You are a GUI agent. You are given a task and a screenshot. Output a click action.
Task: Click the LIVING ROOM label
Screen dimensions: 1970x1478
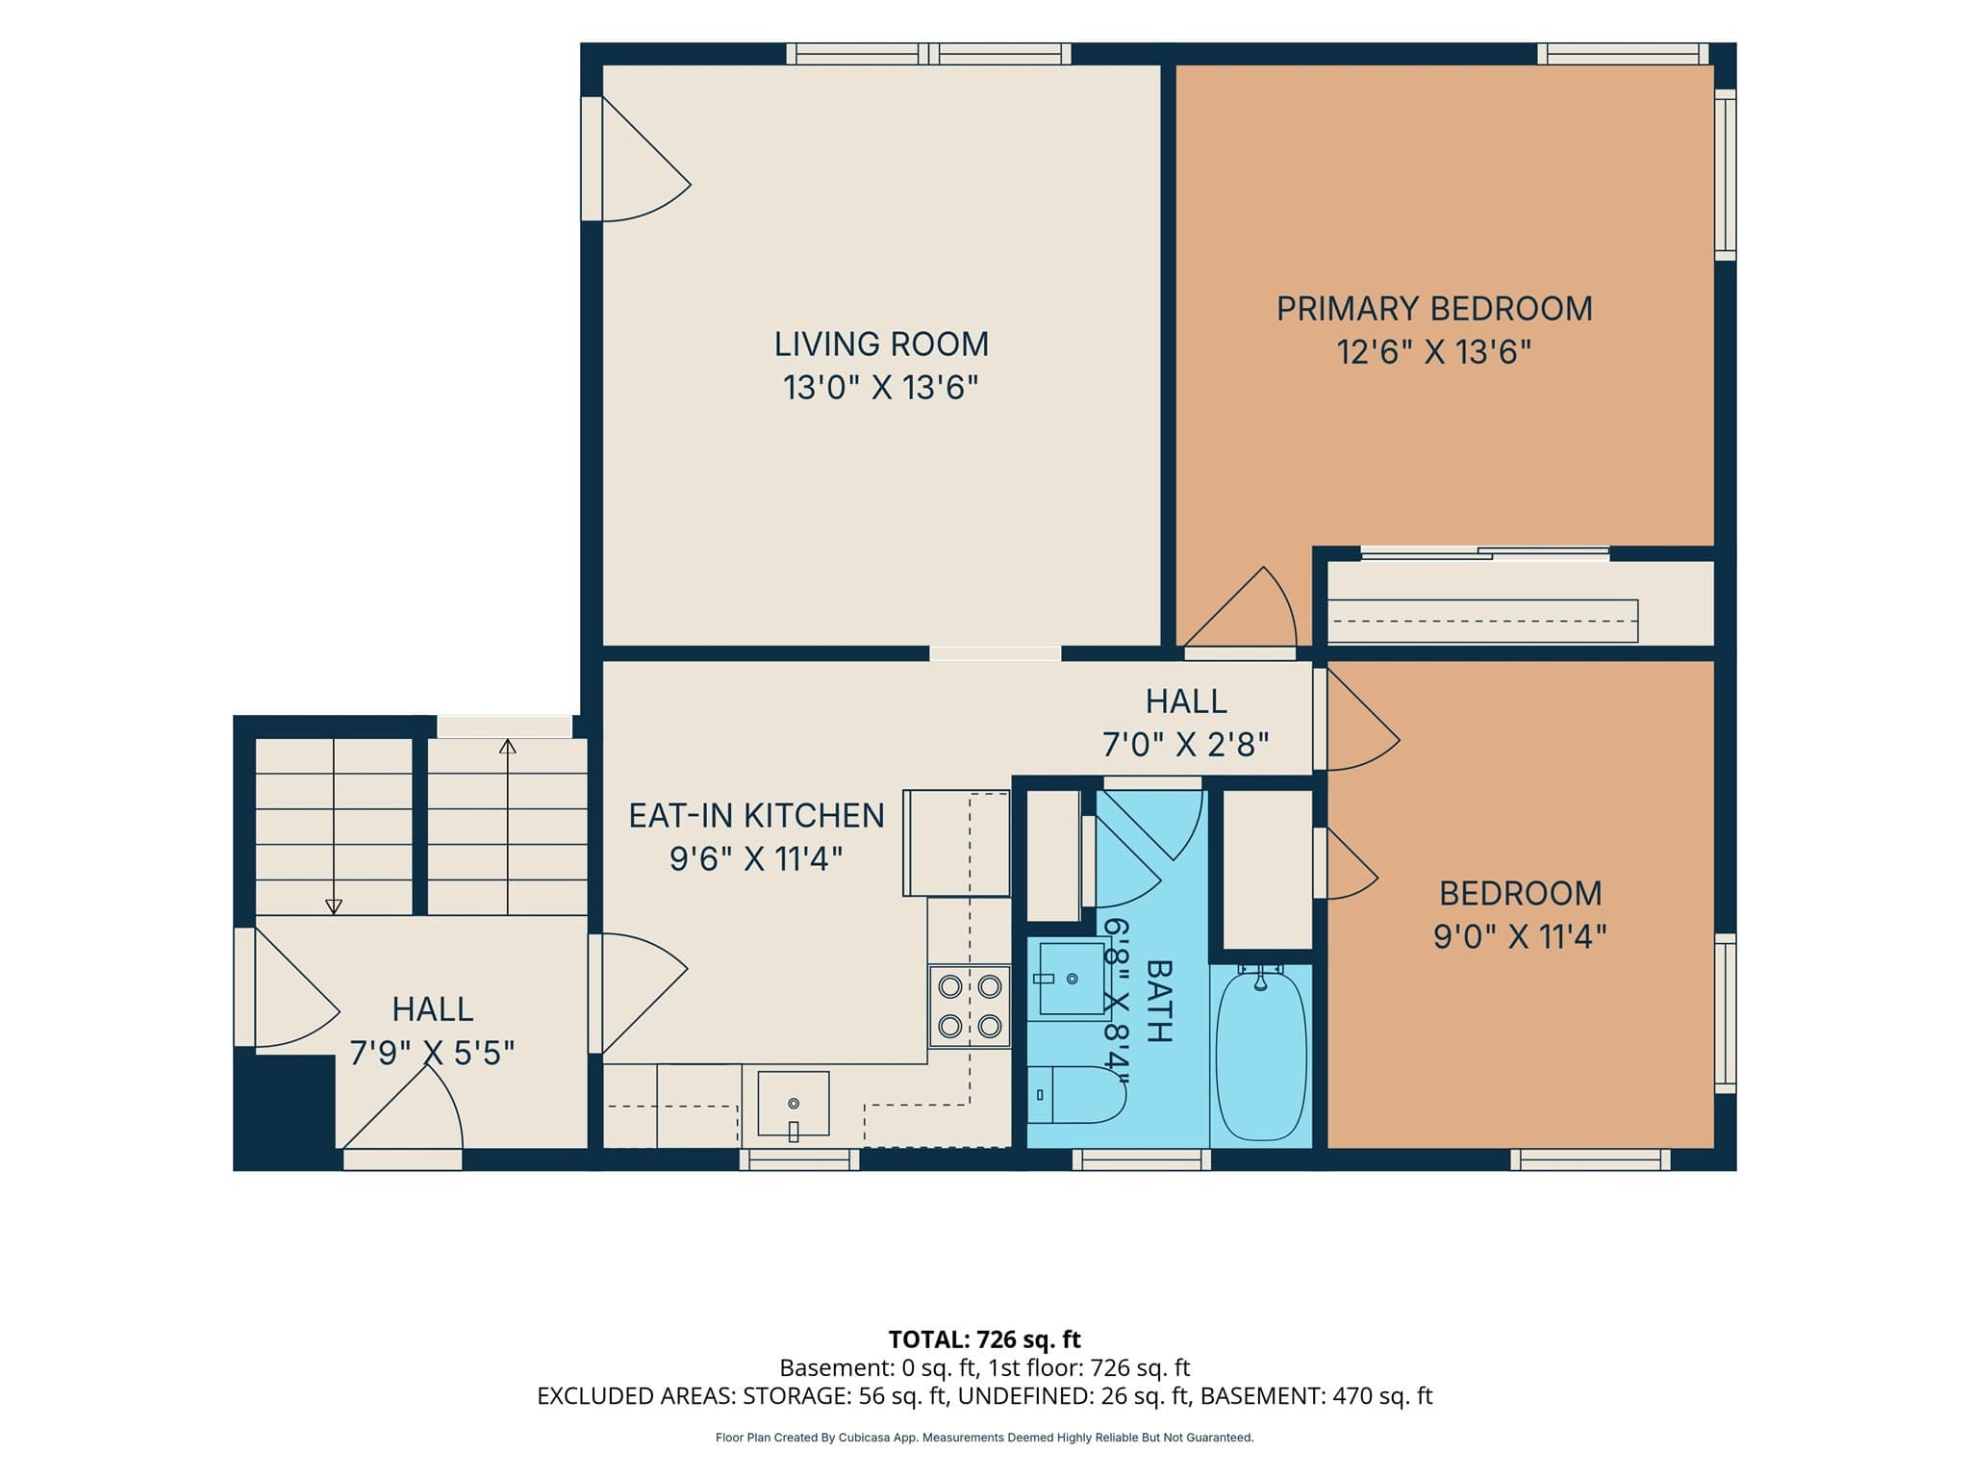point(881,344)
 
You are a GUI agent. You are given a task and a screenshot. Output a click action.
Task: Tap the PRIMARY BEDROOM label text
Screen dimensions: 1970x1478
point(1434,309)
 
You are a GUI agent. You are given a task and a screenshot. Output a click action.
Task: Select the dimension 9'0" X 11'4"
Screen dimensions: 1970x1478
point(1520,936)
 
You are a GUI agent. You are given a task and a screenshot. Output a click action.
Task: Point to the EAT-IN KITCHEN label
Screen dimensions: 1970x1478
point(756,816)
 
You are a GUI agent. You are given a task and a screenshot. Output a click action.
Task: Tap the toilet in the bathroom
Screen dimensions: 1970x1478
point(1076,1095)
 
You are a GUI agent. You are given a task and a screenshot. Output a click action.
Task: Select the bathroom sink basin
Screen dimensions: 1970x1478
point(1071,979)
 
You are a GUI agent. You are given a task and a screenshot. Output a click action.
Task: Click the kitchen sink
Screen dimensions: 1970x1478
point(794,1104)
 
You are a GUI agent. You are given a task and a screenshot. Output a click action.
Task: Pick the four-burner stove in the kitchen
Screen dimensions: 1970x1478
point(970,1007)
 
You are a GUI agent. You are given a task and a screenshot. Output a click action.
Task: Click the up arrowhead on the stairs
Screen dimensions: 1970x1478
point(507,746)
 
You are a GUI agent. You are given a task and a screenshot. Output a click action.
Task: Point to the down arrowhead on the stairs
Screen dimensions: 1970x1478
point(334,906)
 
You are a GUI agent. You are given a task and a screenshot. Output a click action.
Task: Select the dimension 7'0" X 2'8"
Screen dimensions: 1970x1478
point(1185,745)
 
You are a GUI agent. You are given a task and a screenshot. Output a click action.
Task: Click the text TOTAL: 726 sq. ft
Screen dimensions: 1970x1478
point(985,1339)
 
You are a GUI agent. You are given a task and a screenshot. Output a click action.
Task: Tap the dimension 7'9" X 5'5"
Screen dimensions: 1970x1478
point(432,1054)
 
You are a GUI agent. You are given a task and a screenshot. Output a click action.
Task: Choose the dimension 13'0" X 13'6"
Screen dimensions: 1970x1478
point(880,388)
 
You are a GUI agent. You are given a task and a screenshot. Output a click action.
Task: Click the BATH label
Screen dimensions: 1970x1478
point(1159,1001)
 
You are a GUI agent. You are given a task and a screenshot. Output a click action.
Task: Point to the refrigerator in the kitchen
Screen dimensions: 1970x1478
point(956,843)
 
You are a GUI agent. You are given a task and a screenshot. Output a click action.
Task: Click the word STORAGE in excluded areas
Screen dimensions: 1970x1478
point(797,1396)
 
